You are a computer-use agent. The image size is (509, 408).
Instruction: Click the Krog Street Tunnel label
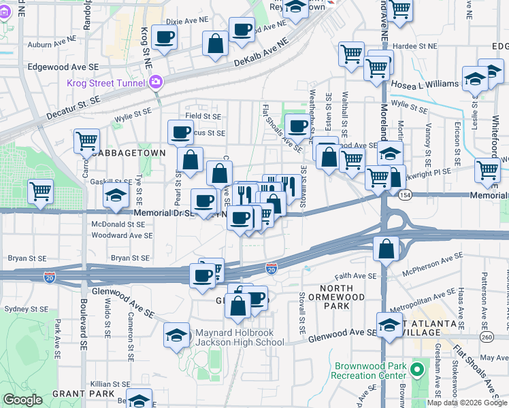pyautogui.click(x=108, y=84)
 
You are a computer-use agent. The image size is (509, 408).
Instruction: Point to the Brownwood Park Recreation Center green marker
pyautogui.click(x=417, y=371)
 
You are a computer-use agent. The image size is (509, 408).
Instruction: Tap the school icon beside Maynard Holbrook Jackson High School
pyautogui.click(x=176, y=335)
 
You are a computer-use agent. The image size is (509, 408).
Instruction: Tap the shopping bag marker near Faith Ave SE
pyautogui.click(x=386, y=249)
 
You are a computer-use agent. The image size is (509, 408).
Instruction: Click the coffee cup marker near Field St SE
pyautogui.click(x=180, y=131)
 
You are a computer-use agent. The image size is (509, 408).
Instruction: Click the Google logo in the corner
pyautogui.click(x=22, y=400)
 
